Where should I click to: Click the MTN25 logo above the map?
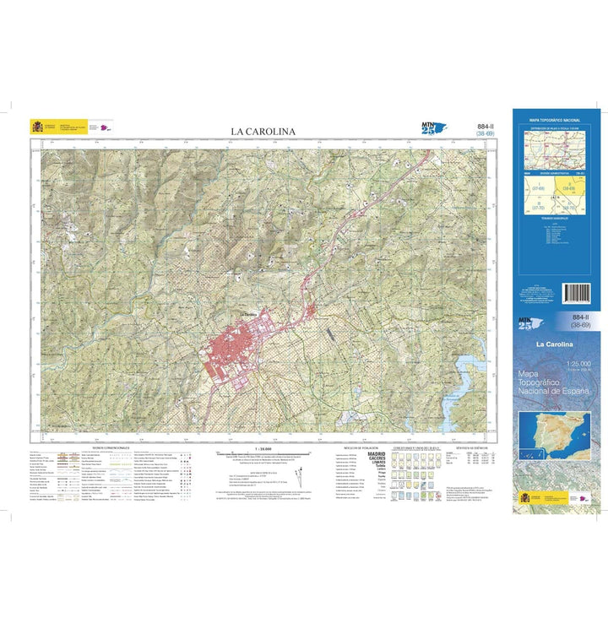click(x=432, y=128)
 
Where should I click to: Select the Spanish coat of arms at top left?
click(x=36, y=127)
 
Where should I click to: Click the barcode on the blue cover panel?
click(x=578, y=294)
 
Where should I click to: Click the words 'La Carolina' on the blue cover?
click(x=554, y=345)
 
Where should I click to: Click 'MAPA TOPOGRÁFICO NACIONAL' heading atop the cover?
click(x=556, y=121)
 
